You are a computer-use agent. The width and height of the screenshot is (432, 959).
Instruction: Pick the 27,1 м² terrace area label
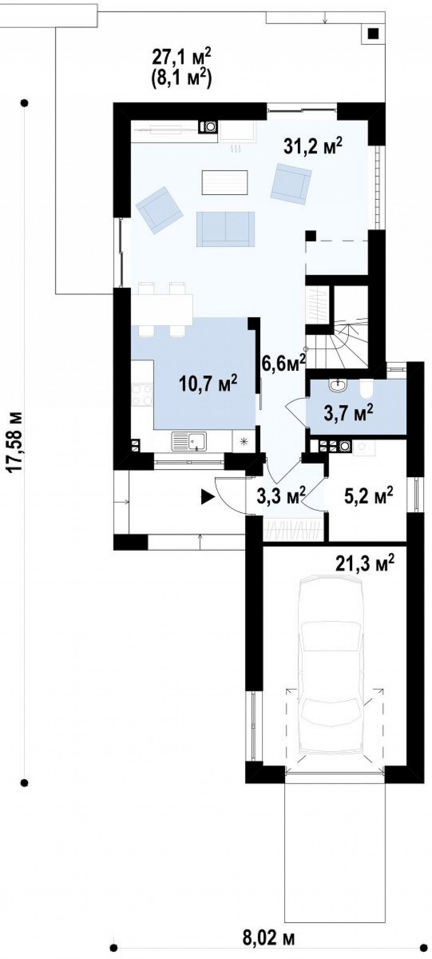click(x=181, y=56)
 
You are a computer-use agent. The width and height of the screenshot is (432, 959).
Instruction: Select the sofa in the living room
click(x=226, y=228)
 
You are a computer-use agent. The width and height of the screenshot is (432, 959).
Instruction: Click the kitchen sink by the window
click(x=189, y=442)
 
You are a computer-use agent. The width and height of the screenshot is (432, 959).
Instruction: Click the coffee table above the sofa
click(x=224, y=182)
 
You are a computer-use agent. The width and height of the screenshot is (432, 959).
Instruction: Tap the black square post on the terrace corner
click(x=373, y=33)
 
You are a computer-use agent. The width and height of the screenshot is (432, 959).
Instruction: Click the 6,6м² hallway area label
click(x=284, y=363)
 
